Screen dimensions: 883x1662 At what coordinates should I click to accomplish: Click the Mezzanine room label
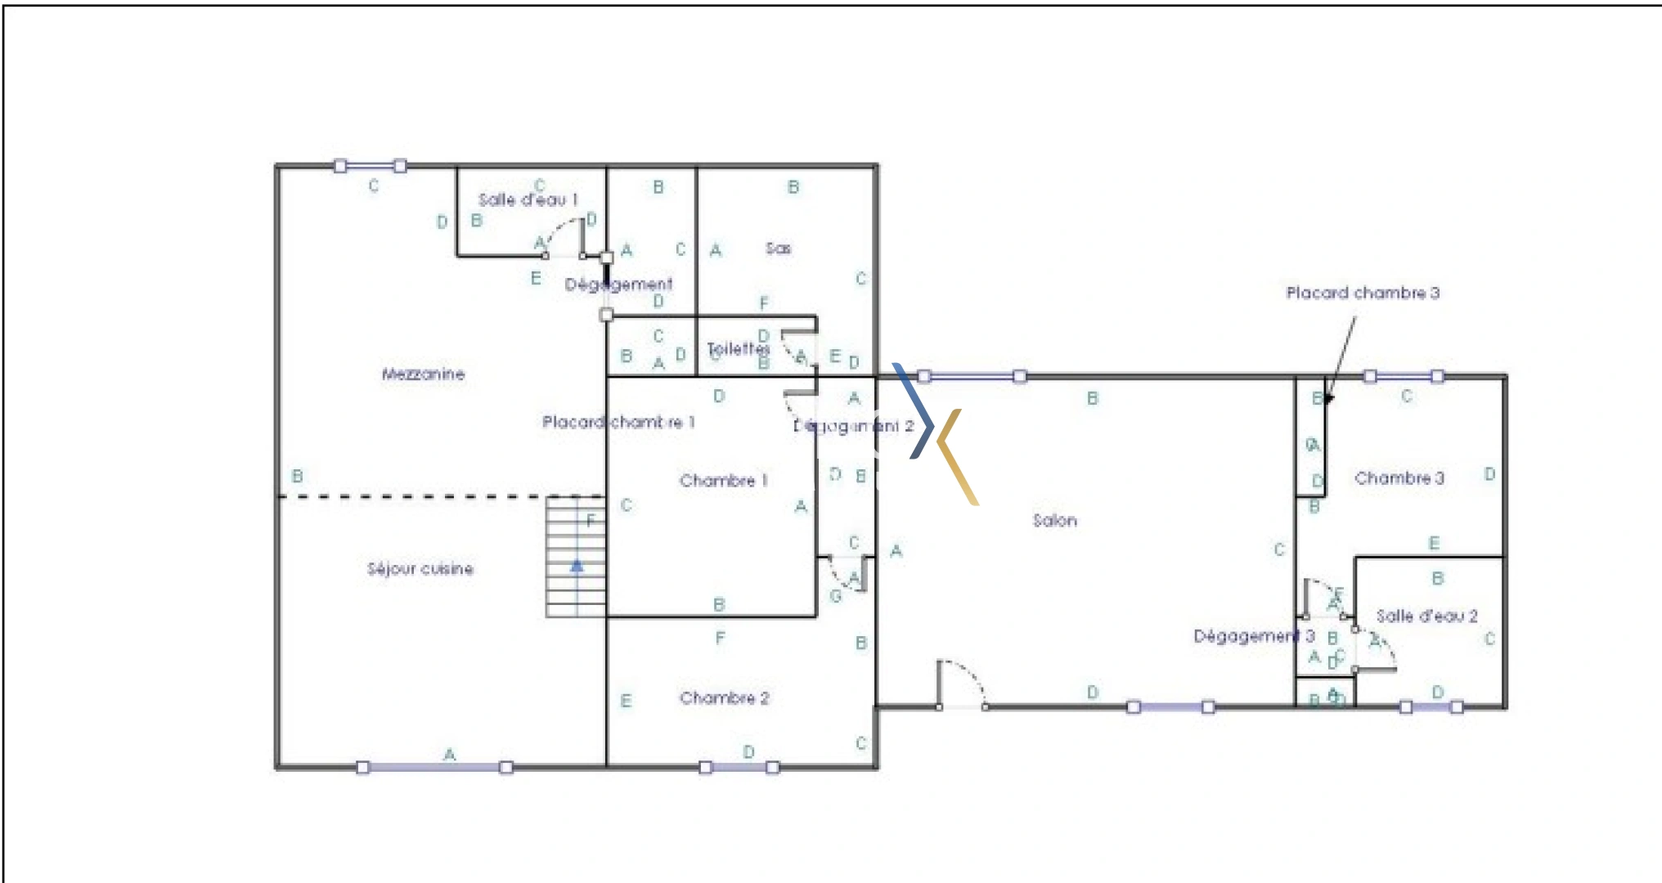(423, 374)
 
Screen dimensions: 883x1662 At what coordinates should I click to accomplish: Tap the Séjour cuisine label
(420, 569)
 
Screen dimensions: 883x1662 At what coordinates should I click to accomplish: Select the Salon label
(1054, 521)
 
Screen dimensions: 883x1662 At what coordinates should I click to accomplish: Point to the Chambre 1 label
(724, 481)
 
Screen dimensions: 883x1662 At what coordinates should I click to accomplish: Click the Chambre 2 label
(724, 698)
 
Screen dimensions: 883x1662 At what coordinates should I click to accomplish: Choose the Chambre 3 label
(1399, 478)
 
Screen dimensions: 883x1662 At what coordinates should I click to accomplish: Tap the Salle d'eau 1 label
(528, 199)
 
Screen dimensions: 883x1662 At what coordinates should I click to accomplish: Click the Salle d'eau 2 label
(1426, 616)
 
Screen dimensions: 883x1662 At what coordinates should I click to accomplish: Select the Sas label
(778, 248)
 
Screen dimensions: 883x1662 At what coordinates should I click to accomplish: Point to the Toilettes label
(738, 349)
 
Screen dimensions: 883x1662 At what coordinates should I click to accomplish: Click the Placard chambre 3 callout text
(1362, 293)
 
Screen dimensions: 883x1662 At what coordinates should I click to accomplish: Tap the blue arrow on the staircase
(577, 565)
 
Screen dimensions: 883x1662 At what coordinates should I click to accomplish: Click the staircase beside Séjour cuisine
(576, 556)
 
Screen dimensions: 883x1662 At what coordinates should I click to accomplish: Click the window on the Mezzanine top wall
(370, 166)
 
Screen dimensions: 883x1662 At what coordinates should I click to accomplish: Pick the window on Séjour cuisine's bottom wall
(434, 767)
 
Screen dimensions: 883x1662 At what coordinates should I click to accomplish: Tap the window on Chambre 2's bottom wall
(739, 767)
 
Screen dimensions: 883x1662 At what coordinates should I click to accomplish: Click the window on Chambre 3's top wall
(1404, 376)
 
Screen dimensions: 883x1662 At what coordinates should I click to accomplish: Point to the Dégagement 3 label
(1253, 636)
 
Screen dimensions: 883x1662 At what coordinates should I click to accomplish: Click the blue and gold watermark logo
(935, 433)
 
